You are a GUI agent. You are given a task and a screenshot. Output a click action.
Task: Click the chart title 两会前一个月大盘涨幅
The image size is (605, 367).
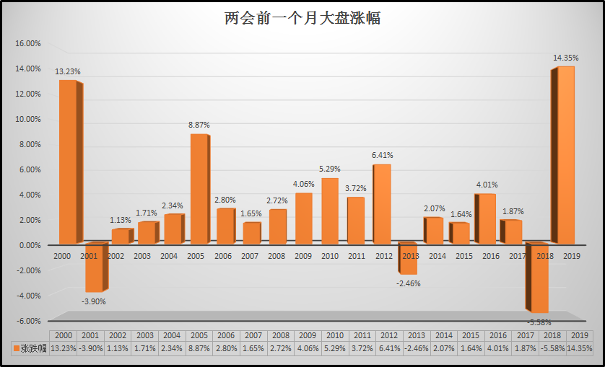[x=302, y=18]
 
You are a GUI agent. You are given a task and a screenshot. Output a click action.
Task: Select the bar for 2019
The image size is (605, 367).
[x=565, y=155]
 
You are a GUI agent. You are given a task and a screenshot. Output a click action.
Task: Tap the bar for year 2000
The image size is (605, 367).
[x=67, y=162]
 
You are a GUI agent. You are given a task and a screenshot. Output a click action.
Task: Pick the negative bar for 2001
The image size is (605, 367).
[x=94, y=267]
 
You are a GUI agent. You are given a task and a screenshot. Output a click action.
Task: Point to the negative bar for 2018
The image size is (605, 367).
[x=539, y=278]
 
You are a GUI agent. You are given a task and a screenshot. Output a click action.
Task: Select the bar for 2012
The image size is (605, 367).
[x=382, y=204]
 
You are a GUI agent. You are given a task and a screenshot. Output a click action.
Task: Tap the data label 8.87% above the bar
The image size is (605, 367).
[x=199, y=125]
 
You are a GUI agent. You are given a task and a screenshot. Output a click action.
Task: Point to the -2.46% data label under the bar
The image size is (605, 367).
[x=408, y=283]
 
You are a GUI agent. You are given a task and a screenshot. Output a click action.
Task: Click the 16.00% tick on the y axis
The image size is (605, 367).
[x=28, y=43]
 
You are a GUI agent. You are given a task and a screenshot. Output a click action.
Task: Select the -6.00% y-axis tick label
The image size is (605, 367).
[x=28, y=321]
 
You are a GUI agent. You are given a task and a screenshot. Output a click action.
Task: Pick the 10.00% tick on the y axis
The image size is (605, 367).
[x=28, y=119]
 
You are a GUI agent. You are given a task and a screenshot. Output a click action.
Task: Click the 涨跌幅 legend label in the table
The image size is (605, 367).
[x=34, y=348]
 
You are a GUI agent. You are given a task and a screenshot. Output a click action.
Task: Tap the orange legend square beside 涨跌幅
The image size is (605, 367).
[x=15, y=348]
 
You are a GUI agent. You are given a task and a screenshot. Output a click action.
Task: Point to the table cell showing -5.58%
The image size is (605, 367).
[x=552, y=348]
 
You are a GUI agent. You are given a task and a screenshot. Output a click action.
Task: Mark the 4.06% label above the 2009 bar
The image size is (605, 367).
[x=304, y=182]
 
